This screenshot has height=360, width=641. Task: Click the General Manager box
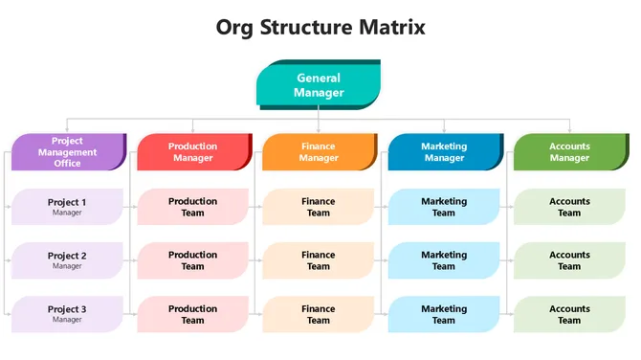tap(319, 85)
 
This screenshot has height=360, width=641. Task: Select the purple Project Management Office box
tap(68, 152)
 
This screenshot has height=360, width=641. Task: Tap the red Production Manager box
tap(193, 152)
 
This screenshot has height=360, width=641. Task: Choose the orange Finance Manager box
tap(319, 152)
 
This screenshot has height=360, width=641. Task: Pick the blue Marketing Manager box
tap(444, 152)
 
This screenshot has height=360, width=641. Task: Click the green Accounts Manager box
tap(570, 152)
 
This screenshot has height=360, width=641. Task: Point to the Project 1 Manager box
tap(68, 207)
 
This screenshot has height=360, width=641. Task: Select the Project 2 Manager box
tap(68, 260)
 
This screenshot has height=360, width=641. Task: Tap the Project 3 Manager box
tap(68, 314)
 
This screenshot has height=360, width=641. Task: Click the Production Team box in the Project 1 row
tap(193, 207)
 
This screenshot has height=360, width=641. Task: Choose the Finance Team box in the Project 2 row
tap(319, 260)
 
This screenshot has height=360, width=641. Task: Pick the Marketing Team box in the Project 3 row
tap(444, 314)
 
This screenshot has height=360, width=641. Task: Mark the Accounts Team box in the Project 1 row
tap(570, 207)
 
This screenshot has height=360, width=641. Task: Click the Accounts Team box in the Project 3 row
tap(570, 314)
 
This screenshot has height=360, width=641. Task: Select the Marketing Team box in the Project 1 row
tap(444, 207)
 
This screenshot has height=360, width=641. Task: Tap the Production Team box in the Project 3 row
tap(193, 314)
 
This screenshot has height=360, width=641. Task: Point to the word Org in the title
tap(238, 27)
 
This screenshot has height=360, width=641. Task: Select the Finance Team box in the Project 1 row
tap(319, 207)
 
